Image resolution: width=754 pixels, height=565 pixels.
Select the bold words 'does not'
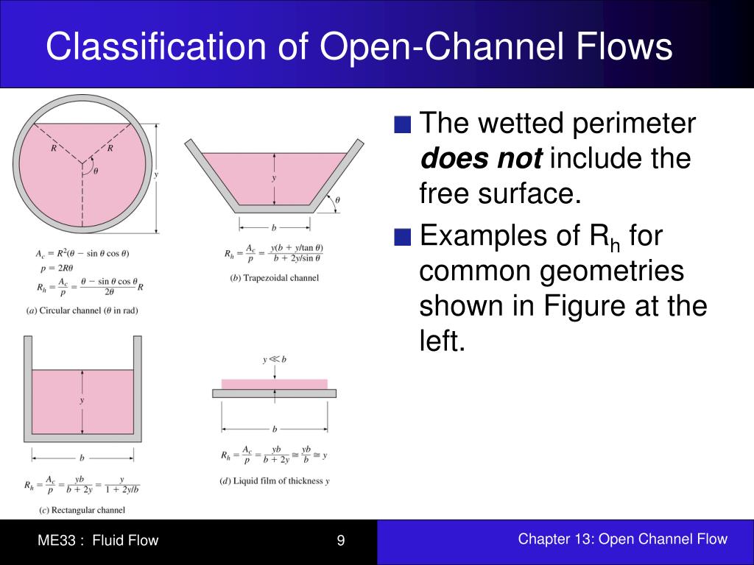[x=481, y=158]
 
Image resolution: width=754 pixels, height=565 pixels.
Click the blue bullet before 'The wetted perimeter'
[x=402, y=124]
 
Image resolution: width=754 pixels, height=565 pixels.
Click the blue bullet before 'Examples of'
[x=402, y=238]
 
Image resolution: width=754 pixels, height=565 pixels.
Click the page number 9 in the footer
[x=341, y=541]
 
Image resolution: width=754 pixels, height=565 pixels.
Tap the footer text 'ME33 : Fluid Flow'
[x=98, y=541]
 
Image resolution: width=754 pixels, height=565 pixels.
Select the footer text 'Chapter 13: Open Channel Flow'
[x=622, y=539]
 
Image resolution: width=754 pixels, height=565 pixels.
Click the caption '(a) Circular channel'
[x=82, y=310]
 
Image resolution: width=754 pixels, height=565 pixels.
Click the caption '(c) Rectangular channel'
[x=77, y=510]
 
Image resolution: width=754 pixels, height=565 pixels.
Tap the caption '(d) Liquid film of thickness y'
[x=275, y=481]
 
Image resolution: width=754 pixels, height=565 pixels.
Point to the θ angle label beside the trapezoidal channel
[x=337, y=199]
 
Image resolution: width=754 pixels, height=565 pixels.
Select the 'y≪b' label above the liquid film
[x=275, y=360]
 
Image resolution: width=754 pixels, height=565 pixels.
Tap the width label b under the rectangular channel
[x=82, y=458]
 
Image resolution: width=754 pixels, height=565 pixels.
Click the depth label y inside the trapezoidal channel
[x=274, y=179]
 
